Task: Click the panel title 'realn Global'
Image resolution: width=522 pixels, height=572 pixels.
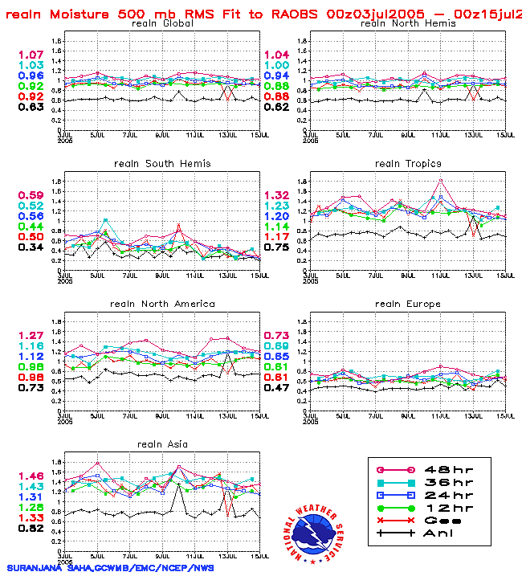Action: pyautogui.click(x=161, y=23)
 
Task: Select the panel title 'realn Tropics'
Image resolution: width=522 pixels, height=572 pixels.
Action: pyautogui.click(x=408, y=164)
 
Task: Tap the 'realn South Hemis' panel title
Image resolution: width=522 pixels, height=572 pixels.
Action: pyautogui.click(x=162, y=164)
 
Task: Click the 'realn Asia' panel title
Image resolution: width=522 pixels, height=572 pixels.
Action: pyautogui.click(x=162, y=444)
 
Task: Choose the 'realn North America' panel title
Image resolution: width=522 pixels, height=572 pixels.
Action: pyautogui.click(x=162, y=304)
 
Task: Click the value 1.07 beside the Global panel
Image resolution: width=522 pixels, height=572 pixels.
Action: pyautogui.click(x=31, y=55)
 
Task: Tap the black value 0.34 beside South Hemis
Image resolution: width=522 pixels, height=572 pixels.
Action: pyautogui.click(x=31, y=247)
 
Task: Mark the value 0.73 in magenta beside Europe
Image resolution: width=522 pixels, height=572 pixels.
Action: pyautogui.click(x=277, y=336)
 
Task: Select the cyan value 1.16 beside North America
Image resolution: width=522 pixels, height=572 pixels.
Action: pyautogui.click(x=31, y=346)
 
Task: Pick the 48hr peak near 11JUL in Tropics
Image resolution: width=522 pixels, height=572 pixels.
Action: pyautogui.click(x=440, y=180)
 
